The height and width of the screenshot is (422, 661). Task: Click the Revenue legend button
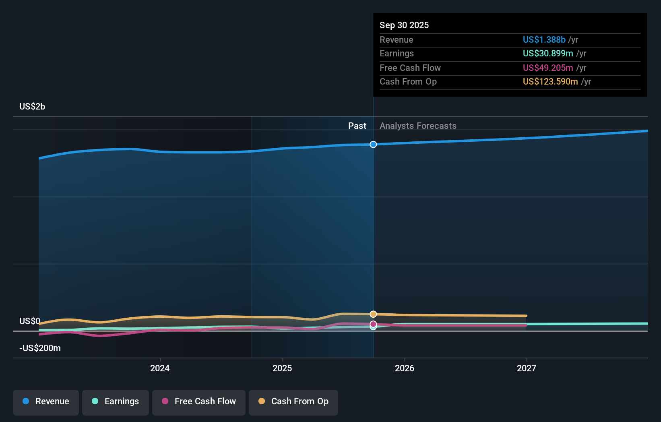pyautogui.click(x=46, y=401)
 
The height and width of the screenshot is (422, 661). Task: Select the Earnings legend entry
pyautogui.click(x=116, y=401)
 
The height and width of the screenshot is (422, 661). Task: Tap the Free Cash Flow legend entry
pyautogui.click(x=199, y=401)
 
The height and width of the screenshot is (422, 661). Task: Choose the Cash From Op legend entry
pyautogui.click(x=293, y=401)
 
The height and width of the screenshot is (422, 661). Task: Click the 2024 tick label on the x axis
pyautogui.click(x=160, y=368)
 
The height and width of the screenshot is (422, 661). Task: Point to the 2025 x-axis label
pyautogui.click(x=282, y=368)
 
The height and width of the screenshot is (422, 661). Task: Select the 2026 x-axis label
pyautogui.click(x=405, y=368)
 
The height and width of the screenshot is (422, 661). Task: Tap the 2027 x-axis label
pyautogui.click(x=527, y=368)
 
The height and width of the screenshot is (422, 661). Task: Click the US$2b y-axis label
pyautogui.click(x=32, y=107)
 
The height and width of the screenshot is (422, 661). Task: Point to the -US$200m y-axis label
pyautogui.click(x=40, y=348)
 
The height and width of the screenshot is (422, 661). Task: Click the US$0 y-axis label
pyautogui.click(x=30, y=321)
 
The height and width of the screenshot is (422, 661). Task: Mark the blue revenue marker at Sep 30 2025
pyautogui.click(x=373, y=145)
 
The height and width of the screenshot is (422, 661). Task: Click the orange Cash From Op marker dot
pyautogui.click(x=373, y=314)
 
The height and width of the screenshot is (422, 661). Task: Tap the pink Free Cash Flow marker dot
pyautogui.click(x=373, y=324)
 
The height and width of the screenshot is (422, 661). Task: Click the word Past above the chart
pyautogui.click(x=357, y=126)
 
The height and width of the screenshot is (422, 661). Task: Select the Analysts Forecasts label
pyautogui.click(x=418, y=126)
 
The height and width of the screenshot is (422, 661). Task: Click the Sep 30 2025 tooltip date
pyautogui.click(x=404, y=25)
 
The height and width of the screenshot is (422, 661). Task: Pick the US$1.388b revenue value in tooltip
pyautogui.click(x=544, y=40)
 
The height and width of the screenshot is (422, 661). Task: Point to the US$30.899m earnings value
pyautogui.click(x=547, y=54)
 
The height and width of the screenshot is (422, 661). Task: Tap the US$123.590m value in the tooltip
pyautogui.click(x=550, y=82)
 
